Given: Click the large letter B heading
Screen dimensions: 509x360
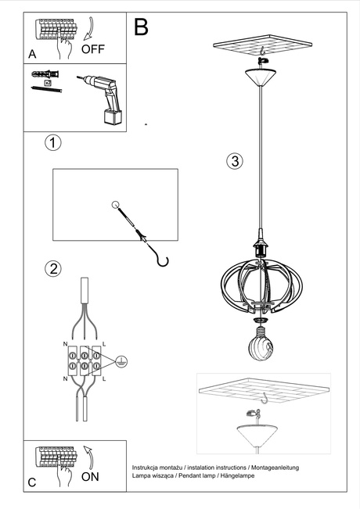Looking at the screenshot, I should (142, 27).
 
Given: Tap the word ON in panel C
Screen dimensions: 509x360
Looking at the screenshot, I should (91, 475).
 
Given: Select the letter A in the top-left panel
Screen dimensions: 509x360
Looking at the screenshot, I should (32, 54).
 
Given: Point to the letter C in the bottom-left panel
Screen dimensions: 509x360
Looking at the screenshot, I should (32, 482).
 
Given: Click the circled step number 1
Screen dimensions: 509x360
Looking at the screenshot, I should (52, 143).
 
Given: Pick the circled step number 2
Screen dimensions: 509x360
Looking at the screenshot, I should (52, 269).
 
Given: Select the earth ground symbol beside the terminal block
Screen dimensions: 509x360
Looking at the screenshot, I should (121, 360).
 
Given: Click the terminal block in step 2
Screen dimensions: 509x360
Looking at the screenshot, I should (83, 359).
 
